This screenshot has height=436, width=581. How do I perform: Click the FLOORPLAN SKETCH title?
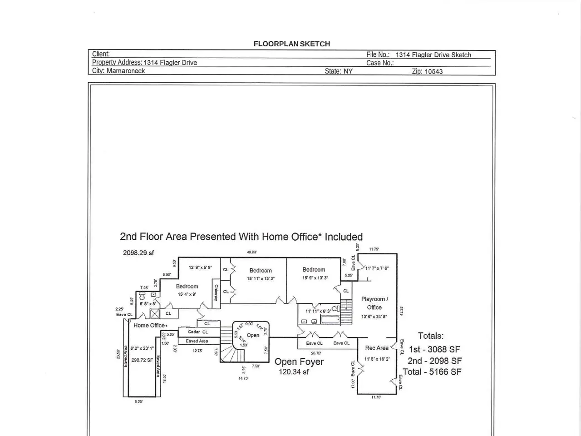[291, 44]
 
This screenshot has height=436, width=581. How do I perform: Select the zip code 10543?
[433, 71]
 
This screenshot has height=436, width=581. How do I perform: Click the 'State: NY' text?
[339, 71]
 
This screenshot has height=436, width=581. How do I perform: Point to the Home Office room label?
[150, 325]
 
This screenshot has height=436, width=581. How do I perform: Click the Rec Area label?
[377, 348]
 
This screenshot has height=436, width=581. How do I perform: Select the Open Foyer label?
[299, 362]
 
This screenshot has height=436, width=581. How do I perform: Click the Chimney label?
[216, 292]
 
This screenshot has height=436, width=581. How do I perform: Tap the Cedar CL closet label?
[198, 332]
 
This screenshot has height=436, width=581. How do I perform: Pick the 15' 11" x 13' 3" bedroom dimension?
[261, 279]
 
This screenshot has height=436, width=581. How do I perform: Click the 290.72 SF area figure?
[142, 360]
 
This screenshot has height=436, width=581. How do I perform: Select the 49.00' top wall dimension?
[251, 252]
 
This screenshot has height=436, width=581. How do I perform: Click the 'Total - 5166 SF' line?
[432, 372]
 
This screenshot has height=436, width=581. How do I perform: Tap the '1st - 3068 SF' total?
[434, 350]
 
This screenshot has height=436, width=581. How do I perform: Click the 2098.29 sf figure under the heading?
[138, 253]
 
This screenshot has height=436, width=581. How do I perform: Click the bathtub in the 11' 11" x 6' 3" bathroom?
[330, 320]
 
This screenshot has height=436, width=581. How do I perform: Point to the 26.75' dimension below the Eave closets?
[315, 353]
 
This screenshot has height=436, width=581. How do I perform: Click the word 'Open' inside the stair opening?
[253, 335]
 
